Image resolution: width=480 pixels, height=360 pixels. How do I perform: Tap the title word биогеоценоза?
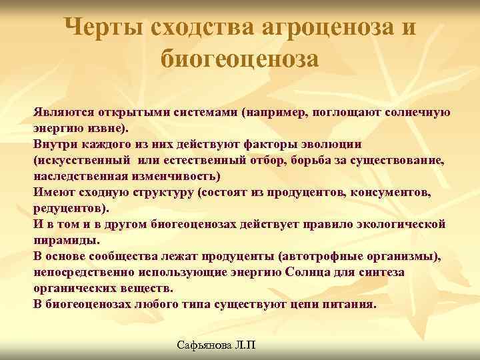tap(240, 59)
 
